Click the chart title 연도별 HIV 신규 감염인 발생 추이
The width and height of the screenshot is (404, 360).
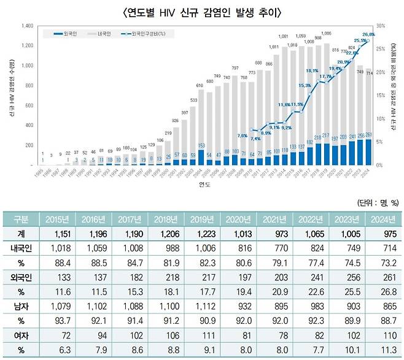click(202, 12)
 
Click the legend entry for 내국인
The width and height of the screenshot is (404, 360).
click(101, 35)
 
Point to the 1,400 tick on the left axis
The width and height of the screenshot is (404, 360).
click(26, 26)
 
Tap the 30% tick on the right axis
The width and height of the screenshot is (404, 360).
click(381, 26)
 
